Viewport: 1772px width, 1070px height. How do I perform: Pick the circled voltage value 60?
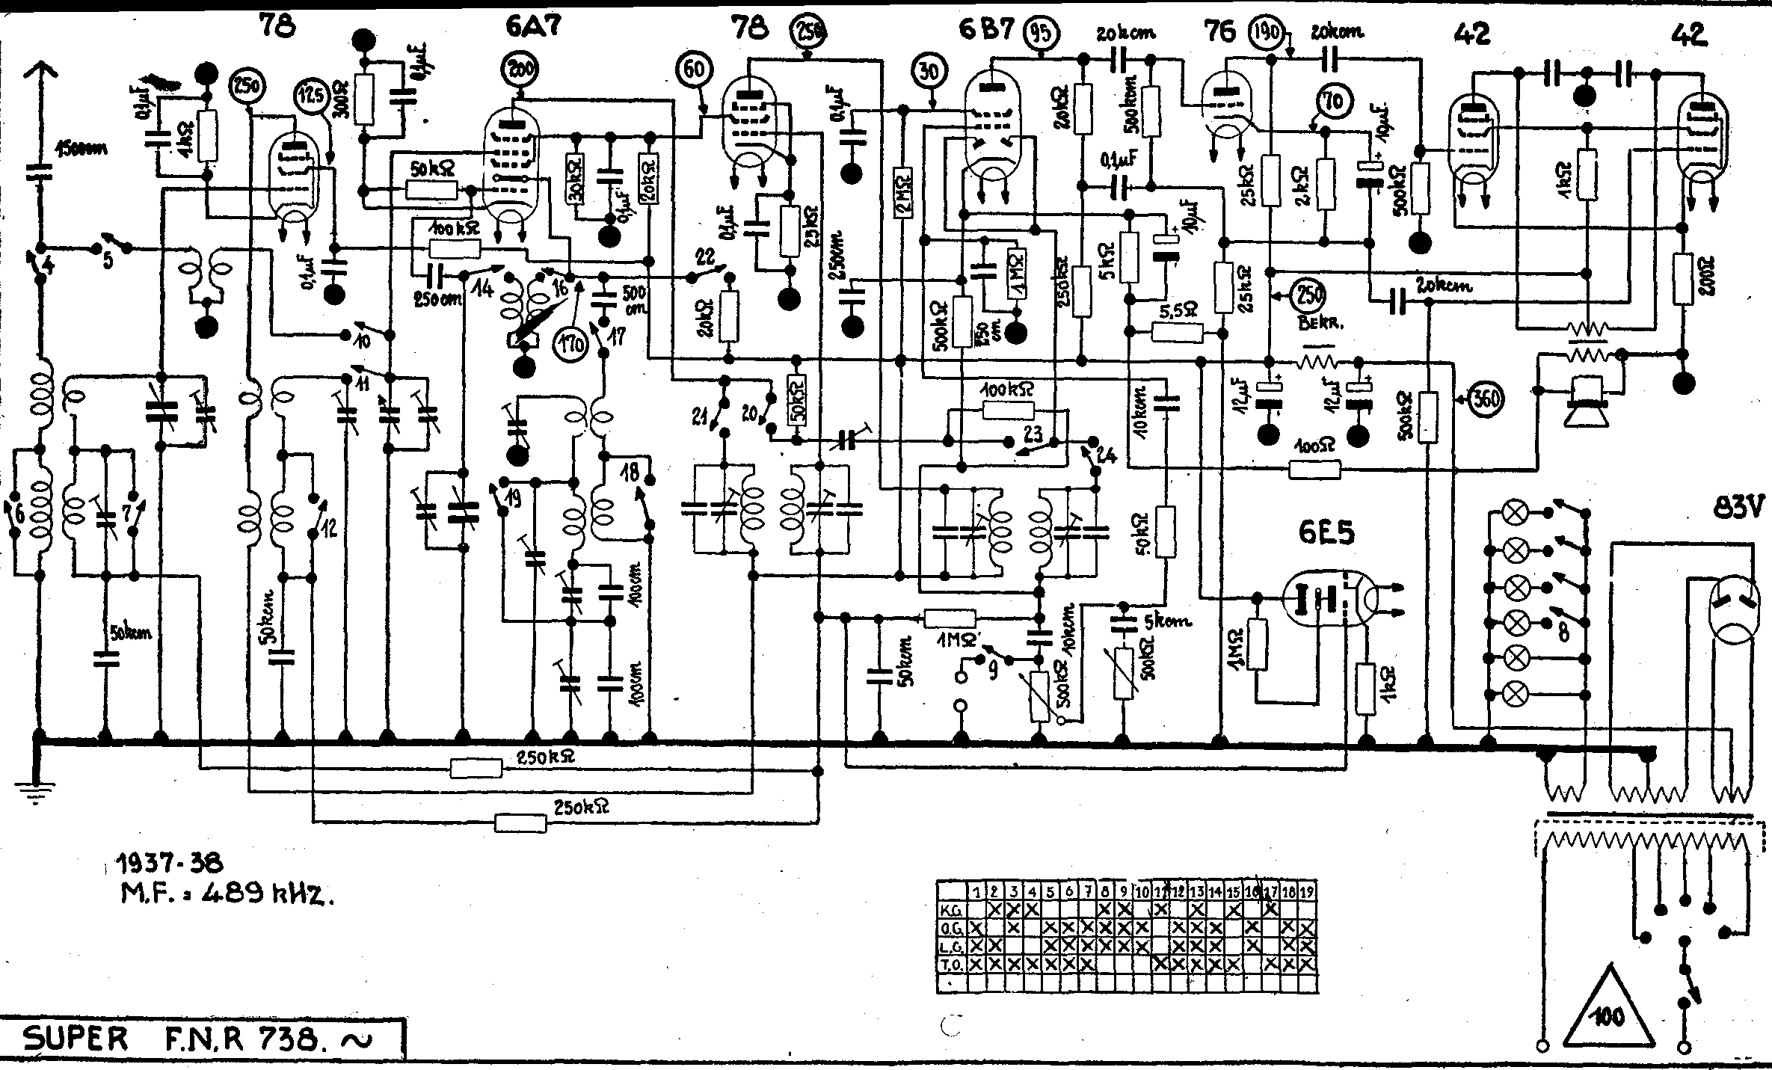(694, 70)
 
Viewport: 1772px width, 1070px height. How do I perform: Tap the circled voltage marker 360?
(1486, 400)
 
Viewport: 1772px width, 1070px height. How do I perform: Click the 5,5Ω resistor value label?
(1173, 308)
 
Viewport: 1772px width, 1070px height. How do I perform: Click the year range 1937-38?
(169, 864)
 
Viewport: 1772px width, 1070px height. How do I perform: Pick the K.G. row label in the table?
(951, 910)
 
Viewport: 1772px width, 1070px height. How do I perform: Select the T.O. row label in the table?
(950, 965)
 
